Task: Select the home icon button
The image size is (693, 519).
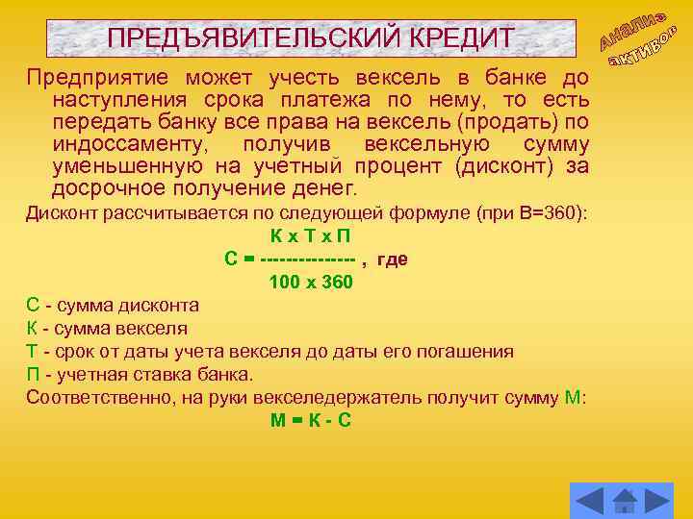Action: (626, 501)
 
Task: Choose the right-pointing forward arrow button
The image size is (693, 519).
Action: (657, 501)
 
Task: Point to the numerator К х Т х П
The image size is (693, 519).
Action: (310, 236)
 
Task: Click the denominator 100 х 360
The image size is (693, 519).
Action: (311, 282)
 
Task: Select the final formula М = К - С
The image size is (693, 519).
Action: (310, 420)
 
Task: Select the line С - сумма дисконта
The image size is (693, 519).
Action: (113, 305)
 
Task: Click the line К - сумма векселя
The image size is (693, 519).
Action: (107, 328)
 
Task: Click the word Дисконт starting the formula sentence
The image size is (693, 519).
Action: (59, 212)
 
